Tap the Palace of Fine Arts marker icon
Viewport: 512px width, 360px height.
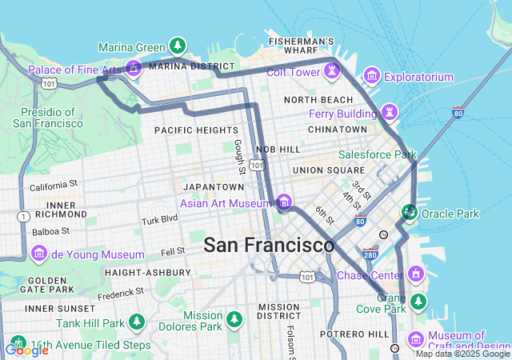coord(133,70)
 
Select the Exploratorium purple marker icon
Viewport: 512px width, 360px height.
coord(371,77)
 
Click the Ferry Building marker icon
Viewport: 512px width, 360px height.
coord(390,110)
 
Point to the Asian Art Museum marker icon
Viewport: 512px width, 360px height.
coord(284,202)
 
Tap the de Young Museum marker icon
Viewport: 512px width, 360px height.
coord(39,254)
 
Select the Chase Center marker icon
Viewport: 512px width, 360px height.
coord(415,274)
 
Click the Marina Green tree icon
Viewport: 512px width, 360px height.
coord(178,46)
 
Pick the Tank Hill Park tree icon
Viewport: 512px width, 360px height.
coord(137,322)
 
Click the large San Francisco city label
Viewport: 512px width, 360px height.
coord(269,246)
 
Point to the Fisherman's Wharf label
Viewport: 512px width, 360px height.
coord(301,46)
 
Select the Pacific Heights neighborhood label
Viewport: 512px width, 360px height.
coord(196,130)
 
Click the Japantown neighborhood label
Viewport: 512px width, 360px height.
coord(213,186)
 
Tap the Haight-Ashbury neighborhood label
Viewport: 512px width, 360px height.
coord(147,273)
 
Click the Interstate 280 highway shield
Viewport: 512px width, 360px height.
coord(369,254)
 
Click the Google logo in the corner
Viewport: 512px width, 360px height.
coord(26,350)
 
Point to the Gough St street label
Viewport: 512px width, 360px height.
coord(239,156)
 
